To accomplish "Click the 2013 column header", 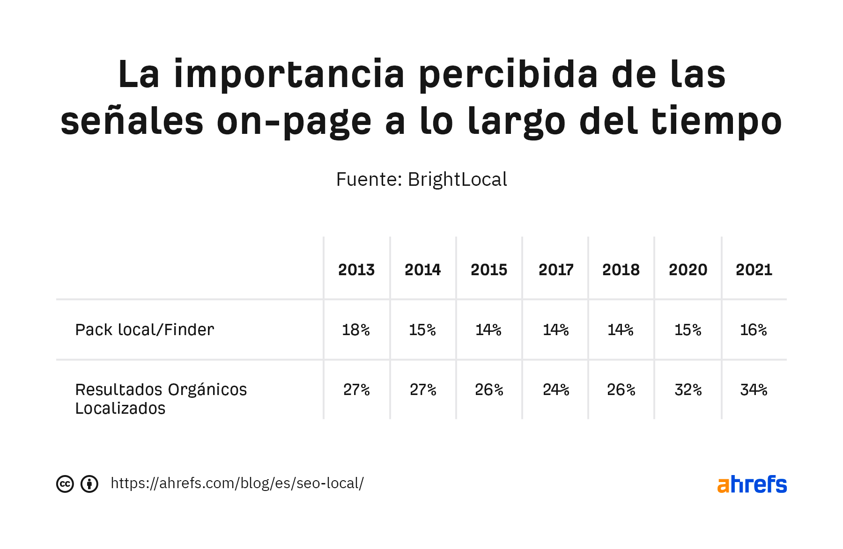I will pyautogui.click(x=356, y=270).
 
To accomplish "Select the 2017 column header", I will pyautogui.click(x=556, y=270).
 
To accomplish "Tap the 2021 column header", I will pyautogui.click(x=754, y=270).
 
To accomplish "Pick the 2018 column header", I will pyautogui.click(x=621, y=270).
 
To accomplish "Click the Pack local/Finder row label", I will pyautogui.click(x=145, y=329).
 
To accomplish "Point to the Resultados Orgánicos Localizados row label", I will pyautogui.click(x=161, y=399).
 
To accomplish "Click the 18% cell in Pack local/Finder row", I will pyautogui.click(x=356, y=330).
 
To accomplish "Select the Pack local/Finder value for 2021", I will pyautogui.click(x=753, y=330).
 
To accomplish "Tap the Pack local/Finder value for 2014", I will pyautogui.click(x=422, y=330).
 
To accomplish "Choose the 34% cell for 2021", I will pyautogui.click(x=754, y=389).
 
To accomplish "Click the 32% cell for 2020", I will pyautogui.click(x=688, y=389).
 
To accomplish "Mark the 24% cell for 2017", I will pyautogui.click(x=556, y=389).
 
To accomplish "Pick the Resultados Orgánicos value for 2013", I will pyautogui.click(x=356, y=389).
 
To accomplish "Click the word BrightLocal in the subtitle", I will pyautogui.click(x=457, y=179).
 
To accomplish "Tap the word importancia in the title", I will pyautogui.click(x=289, y=74).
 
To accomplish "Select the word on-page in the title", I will pyautogui.click(x=294, y=121).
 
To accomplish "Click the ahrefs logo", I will pyautogui.click(x=752, y=484).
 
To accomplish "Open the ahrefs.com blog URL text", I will pyautogui.click(x=237, y=483).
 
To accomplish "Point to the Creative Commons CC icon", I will pyautogui.click(x=65, y=484).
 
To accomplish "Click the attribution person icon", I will pyautogui.click(x=89, y=484).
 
